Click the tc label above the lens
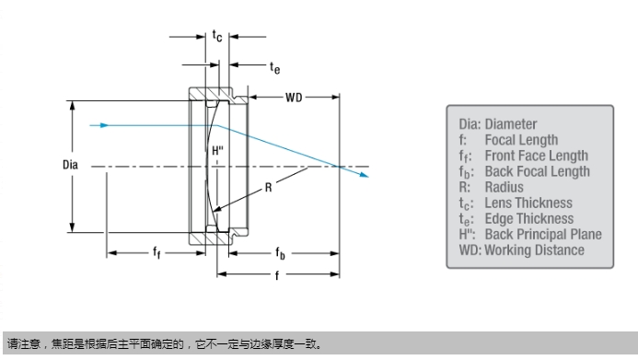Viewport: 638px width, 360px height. tap(217, 36)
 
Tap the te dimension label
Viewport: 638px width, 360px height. tap(275, 68)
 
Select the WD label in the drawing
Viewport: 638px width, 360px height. tap(294, 98)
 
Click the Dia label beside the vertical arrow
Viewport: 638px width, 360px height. tap(70, 165)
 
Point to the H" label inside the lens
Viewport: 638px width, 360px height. tap(217, 151)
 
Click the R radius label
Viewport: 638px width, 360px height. tap(268, 188)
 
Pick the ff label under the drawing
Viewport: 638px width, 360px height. tap(157, 252)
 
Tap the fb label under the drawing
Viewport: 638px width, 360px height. tap(281, 253)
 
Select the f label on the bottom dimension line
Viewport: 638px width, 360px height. tap(277, 275)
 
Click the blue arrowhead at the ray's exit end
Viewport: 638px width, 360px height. tap(365, 175)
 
